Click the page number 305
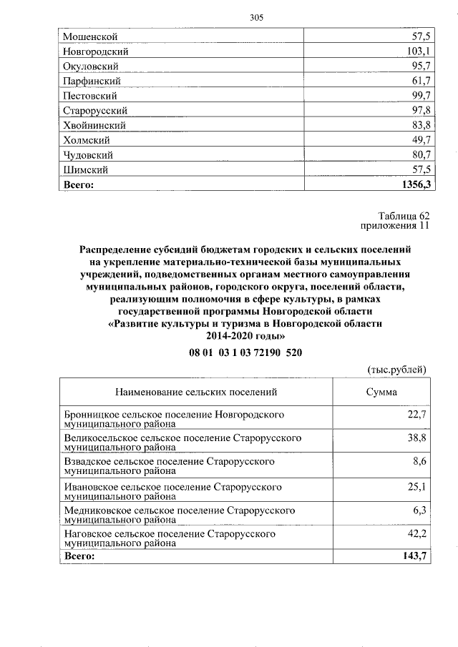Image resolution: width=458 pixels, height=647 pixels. pos(257,18)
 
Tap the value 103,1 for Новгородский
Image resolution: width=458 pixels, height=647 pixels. pos(416,51)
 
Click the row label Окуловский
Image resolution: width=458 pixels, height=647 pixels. pos(90,66)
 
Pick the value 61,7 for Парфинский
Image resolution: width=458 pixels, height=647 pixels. pos(419,81)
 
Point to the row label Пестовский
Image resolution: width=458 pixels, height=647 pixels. pos(90,96)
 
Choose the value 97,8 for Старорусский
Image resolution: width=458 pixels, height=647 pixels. pos(419,110)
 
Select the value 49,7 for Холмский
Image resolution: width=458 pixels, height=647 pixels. pos(419,140)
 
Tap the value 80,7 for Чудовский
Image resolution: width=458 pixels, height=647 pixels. pos(419,155)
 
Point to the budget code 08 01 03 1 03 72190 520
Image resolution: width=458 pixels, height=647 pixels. pos(245,352)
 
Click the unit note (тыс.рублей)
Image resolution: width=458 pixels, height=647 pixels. pos(396,370)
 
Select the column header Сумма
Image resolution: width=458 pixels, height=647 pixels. pos(381,392)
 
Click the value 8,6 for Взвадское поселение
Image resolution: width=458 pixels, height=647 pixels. pos(420,462)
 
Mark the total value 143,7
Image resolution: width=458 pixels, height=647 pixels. pos(415,555)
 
